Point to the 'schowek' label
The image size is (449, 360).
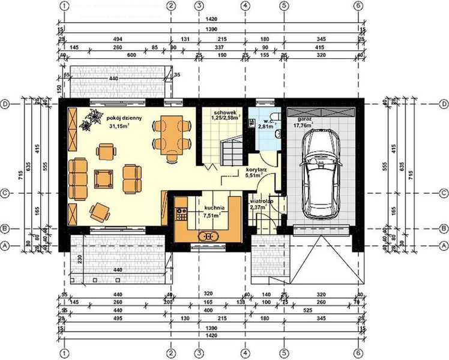point(223,113)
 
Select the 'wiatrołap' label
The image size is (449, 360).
point(262,202)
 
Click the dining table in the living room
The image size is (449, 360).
point(172,134)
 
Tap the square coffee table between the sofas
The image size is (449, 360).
point(105,178)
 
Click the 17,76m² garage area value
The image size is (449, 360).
point(303,127)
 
